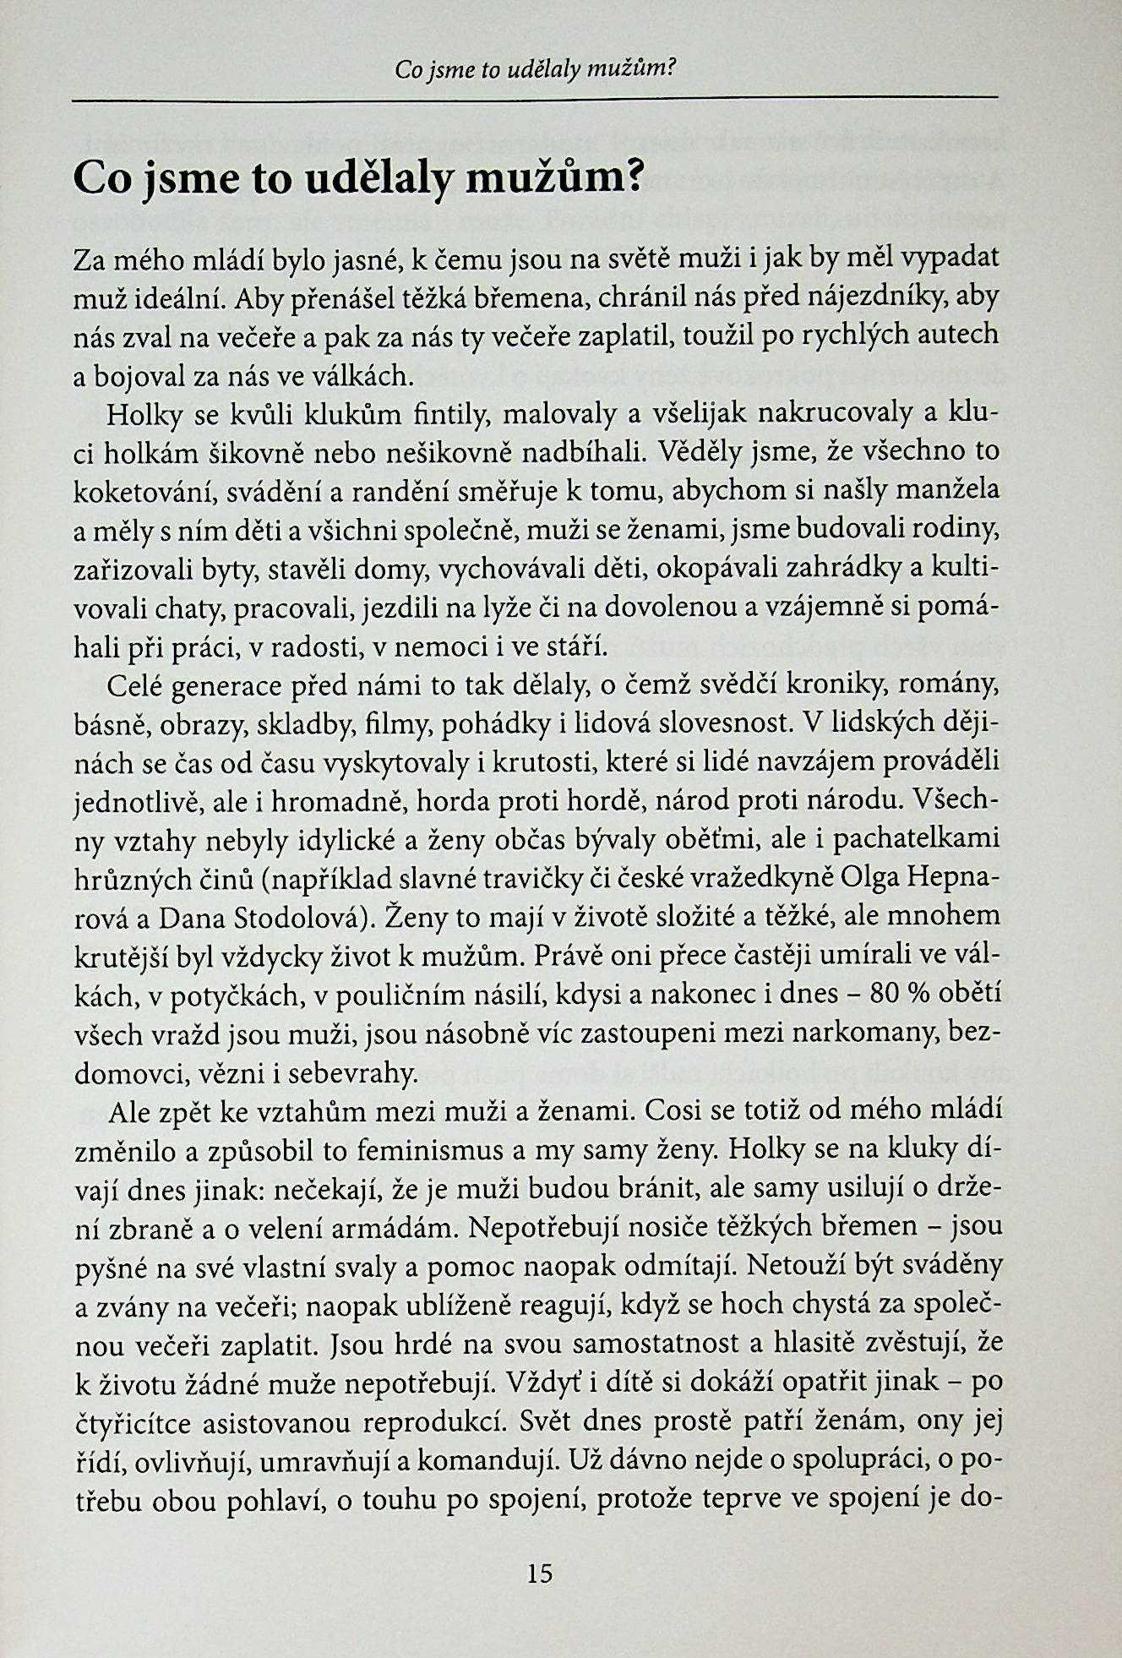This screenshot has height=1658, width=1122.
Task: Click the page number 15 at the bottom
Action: pyautogui.click(x=539, y=1573)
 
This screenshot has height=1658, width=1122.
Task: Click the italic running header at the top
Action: pyautogui.click(x=536, y=69)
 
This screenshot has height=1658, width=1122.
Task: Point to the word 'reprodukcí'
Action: pyautogui.click(x=432, y=1422)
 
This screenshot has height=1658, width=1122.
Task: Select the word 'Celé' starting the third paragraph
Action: pyautogui.click(x=137, y=686)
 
